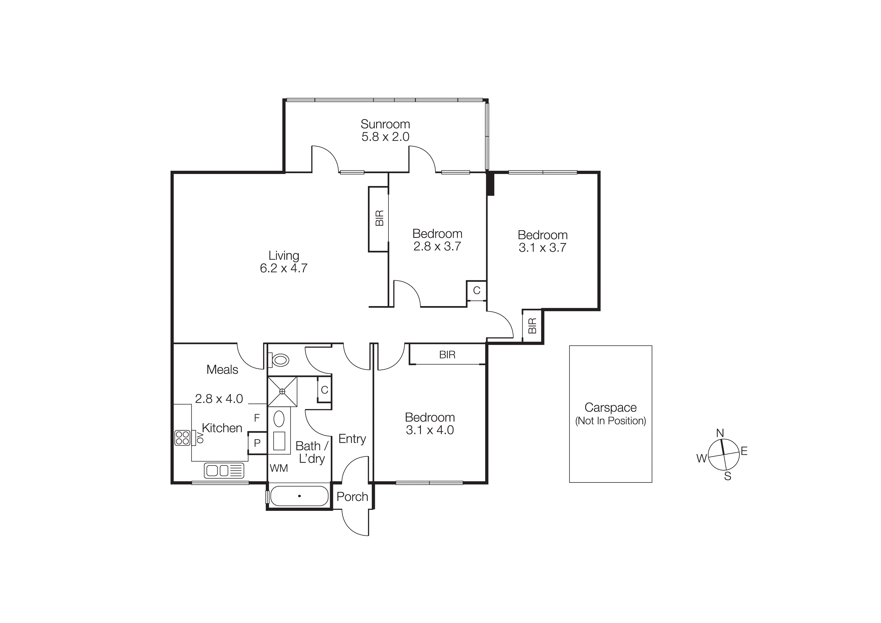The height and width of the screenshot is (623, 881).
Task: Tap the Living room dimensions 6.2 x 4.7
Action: click(x=284, y=268)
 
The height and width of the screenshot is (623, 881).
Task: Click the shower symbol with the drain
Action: click(x=283, y=391)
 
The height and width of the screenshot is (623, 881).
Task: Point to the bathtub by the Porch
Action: click(x=299, y=496)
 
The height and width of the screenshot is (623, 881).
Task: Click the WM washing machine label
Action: click(x=279, y=468)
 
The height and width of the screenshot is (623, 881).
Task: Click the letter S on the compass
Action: click(x=728, y=476)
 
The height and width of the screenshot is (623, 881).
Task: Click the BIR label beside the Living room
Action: click(x=379, y=218)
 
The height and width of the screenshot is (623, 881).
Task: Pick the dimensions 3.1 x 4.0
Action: click(x=430, y=430)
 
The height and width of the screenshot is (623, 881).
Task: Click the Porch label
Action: click(x=352, y=497)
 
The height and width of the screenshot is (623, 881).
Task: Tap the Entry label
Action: click(x=352, y=439)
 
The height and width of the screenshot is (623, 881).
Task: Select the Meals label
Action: click(x=222, y=370)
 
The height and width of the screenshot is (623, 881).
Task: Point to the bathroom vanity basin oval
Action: click(x=279, y=419)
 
